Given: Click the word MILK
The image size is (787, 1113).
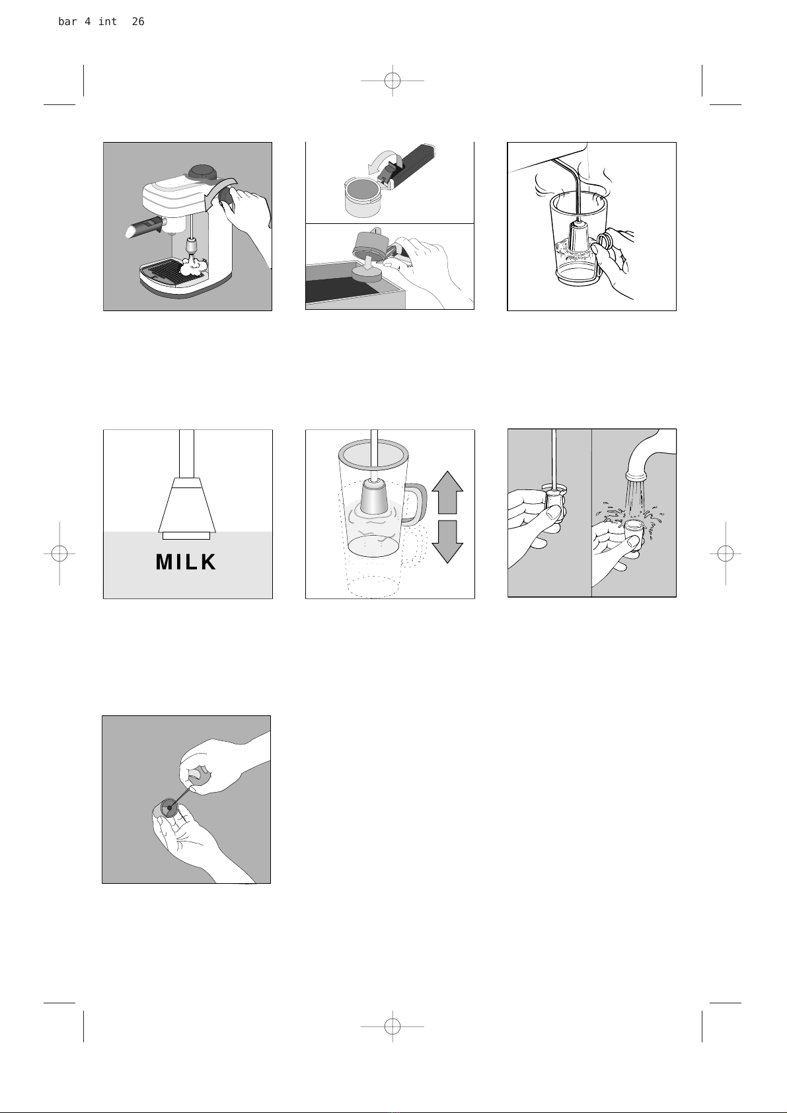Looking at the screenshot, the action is [186, 562].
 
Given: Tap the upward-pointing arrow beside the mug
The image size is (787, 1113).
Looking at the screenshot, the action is [447, 492].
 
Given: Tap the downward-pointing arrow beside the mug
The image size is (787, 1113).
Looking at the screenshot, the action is [447, 542].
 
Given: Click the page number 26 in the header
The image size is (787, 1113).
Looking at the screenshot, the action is [137, 21].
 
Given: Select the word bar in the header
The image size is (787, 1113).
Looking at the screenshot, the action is [67, 21].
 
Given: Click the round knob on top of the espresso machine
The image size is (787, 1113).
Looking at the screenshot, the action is [202, 172].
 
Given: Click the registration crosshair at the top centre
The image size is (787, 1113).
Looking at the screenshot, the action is [393, 81].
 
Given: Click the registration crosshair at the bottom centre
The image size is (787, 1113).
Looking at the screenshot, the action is [393, 1026].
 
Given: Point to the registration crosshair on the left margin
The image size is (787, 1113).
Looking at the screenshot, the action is [59, 553].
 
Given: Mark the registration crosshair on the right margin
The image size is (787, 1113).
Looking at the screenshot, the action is [726, 553].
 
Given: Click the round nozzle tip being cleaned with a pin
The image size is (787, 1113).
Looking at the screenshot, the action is [170, 808].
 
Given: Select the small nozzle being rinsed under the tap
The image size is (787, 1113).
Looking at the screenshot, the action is [634, 533].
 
